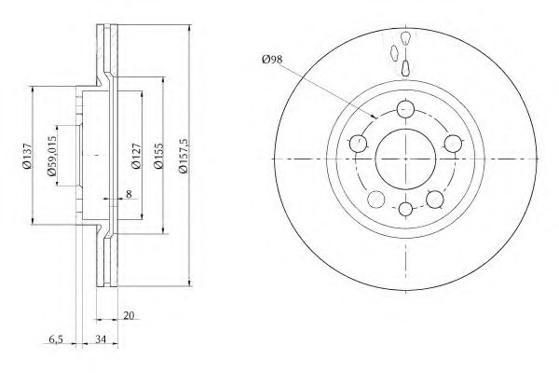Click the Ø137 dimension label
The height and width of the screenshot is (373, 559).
[27, 156]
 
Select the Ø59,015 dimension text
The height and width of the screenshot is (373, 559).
[51, 156]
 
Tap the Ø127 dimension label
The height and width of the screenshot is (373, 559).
[137, 156]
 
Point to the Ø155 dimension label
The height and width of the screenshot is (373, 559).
[158, 156]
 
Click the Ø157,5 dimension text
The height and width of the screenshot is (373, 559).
[184, 156]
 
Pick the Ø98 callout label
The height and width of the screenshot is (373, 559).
[272, 60]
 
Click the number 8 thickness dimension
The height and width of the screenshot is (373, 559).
[129, 194]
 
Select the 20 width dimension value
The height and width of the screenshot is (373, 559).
[129, 315]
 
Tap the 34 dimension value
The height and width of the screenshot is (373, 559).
[101, 339]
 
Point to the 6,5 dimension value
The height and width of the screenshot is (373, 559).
[56, 339]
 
